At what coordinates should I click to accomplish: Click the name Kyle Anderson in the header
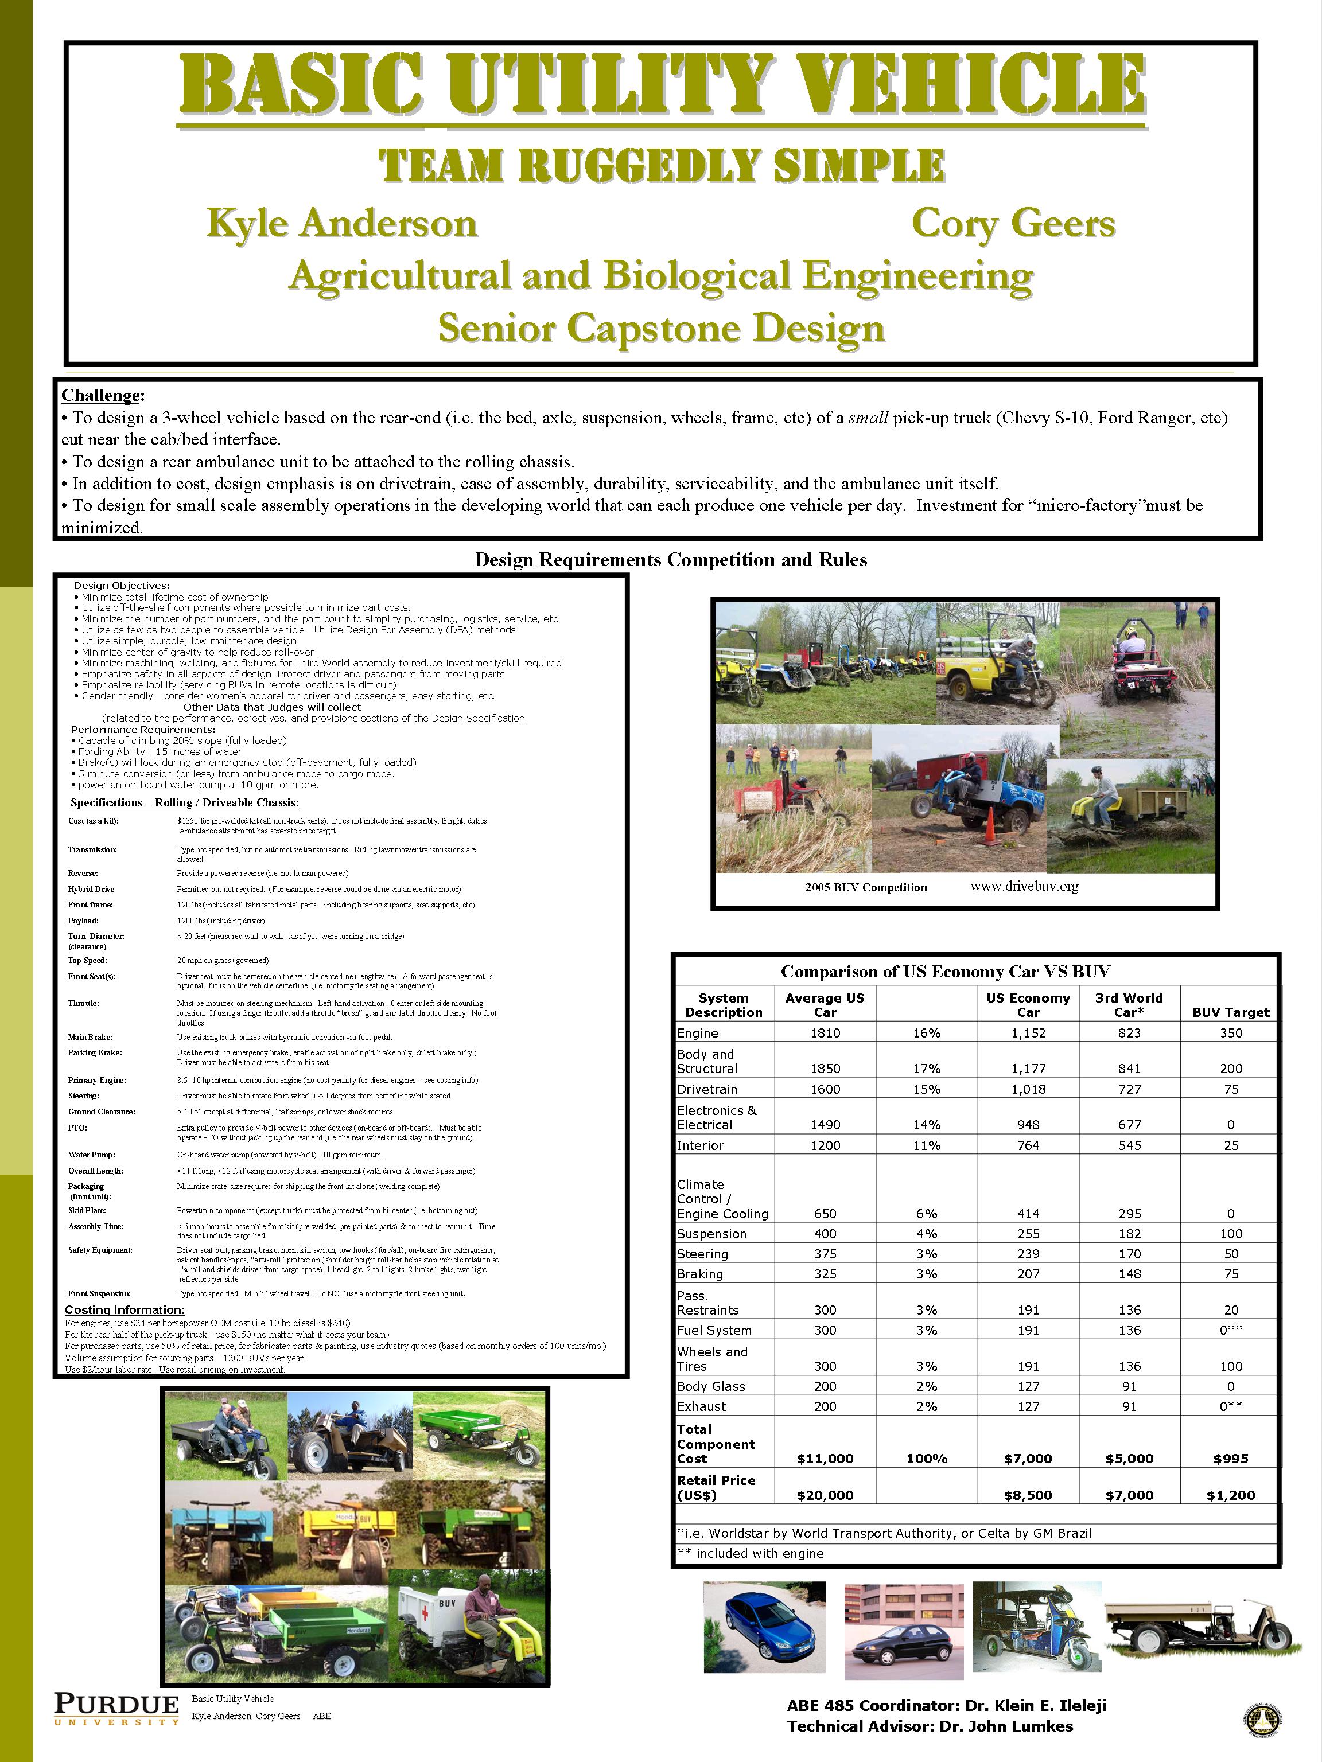[342, 224]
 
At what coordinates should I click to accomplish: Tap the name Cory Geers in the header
[1013, 224]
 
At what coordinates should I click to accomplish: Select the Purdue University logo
[116, 1709]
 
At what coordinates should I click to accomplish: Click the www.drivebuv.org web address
[1024, 886]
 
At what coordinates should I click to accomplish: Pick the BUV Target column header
[1230, 1012]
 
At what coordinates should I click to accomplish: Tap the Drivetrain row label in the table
[707, 1089]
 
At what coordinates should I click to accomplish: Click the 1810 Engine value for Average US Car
[825, 1033]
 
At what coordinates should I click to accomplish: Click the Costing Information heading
[125, 1309]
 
